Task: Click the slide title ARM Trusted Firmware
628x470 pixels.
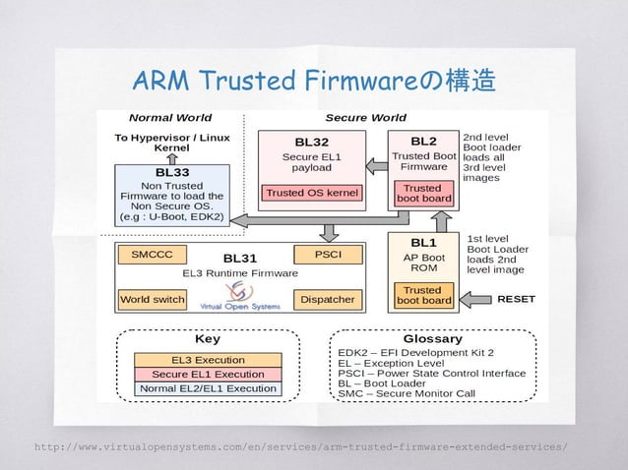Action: (314, 79)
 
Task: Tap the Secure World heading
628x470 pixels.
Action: (365, 118)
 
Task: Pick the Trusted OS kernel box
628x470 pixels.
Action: (313, 193)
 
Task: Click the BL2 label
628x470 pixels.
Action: (423, 141)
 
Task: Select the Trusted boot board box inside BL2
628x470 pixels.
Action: (423, 194)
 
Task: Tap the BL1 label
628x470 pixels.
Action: (423, 241)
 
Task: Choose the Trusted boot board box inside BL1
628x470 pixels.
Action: (423, 295)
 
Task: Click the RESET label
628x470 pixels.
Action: (516, 297)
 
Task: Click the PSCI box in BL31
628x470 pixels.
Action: (328, 254)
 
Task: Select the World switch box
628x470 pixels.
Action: (152, 297)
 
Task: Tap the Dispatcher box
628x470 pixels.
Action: (328, 297)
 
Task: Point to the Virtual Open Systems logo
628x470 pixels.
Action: (238, 295)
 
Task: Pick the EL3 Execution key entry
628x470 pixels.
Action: (209, 360)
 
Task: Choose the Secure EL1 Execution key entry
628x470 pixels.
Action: (209, 374)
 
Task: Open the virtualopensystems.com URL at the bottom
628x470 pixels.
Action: (300, 447)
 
